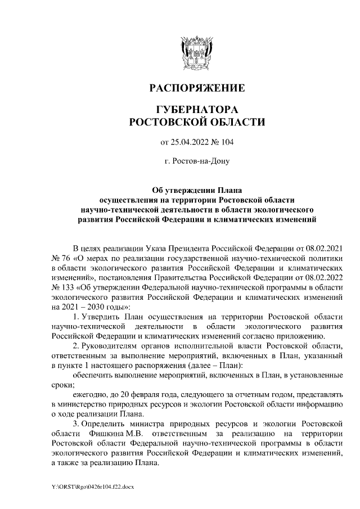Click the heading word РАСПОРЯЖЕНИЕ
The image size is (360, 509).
[x=196, y=88]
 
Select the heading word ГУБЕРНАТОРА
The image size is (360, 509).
[x=196, y=109]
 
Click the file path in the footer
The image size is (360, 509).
[x=89, y=485]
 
